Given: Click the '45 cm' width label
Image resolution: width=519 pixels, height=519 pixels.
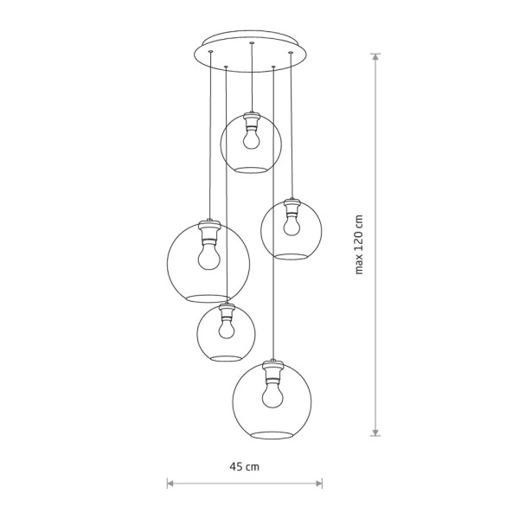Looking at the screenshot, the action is pyautogui.click(x=244, y=467).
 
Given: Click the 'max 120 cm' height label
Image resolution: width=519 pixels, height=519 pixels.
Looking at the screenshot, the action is pyautogui.click(x=358, y=245).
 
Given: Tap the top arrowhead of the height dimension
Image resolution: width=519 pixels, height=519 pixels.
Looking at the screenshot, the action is pyautogui.click(x=375, y=56).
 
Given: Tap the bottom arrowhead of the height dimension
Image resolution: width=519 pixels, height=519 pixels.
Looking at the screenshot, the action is pyautogui.click(x=375, y=432).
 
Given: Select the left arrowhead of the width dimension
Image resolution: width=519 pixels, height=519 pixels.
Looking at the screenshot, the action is pyautogui.click(x=170, y=484).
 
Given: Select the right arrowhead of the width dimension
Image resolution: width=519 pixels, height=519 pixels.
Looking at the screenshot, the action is pyautogui.click(x=319, y=484).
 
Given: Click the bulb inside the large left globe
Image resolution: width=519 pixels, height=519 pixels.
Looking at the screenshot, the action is pyautogui.click(x=208, y=255).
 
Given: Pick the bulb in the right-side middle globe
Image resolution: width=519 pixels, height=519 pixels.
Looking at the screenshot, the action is pyautogui.click(x=292, y=225).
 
